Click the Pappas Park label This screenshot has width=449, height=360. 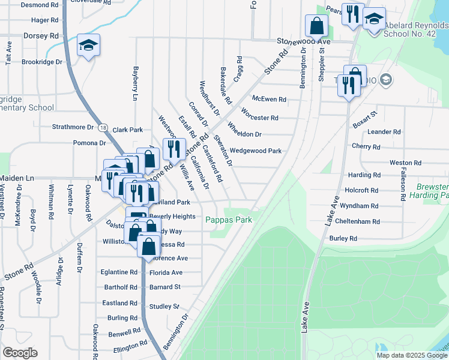pyautogui.click(x=229, y=220)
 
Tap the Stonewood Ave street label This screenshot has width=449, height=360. pyautogui.click(x=304, y=42)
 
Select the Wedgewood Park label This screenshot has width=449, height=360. pyautogui.click(x=256, y=151)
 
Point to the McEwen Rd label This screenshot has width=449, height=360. pyautogui.click(x=269, y=99)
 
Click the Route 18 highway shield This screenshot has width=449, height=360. pyautogui.click(x=104, y=128)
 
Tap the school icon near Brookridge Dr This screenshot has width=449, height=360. pyautogui.click(x=88, y=46)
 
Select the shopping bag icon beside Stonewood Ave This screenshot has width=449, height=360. pyautogui.click(x=316, y=26)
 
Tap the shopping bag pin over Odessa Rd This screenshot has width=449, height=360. pyautogui.click(x=148, y=246)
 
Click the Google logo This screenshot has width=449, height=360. pyautogui.click(x=20, y=353)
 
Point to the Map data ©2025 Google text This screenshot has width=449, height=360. pyautogui.click(x=412, y=355)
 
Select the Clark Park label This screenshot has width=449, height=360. pyautogui.click(x=128, y=130)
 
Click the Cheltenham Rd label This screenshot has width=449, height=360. pyautogui.click(x=358, y=222)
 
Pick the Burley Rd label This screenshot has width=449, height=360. pyautogui.click(x=343, y=238)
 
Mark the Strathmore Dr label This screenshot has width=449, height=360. pyautogui.click(x=73, y=127)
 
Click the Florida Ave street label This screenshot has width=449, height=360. pyautogui.click(x=166, y=272)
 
